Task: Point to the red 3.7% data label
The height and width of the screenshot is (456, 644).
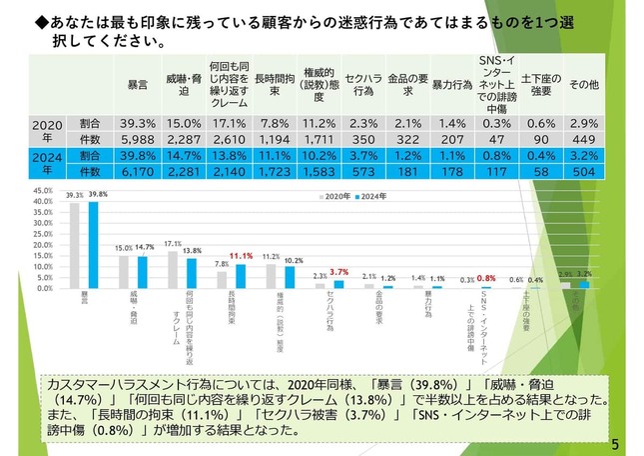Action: [340, 272]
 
